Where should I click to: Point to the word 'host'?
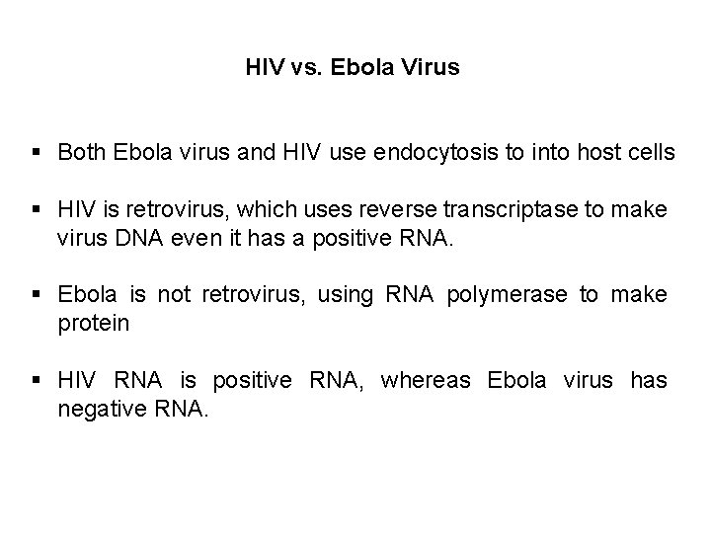pos(575,153)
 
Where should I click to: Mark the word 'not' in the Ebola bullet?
pos(172,295)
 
